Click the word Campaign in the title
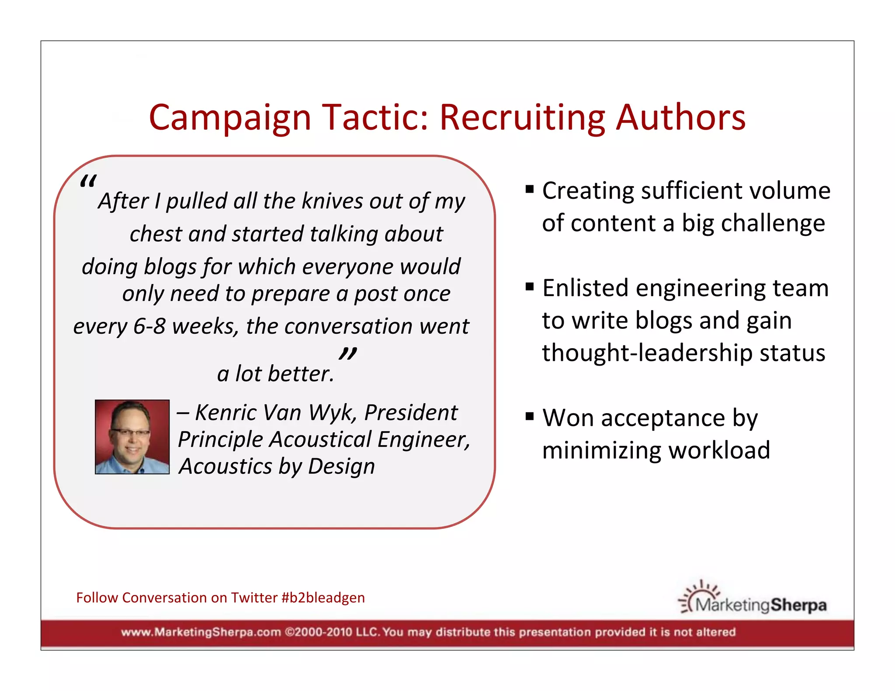[230, 118]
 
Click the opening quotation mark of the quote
[88, 181]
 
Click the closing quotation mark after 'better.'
[348, 353]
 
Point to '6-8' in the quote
[149, 326]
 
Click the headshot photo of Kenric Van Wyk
[132, 437]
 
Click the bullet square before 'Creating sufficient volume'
[530, 190]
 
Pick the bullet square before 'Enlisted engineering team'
[530, 287]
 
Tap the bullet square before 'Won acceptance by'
[530, 416]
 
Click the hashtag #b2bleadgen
[323, 598]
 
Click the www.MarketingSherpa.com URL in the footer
[201, 632]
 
